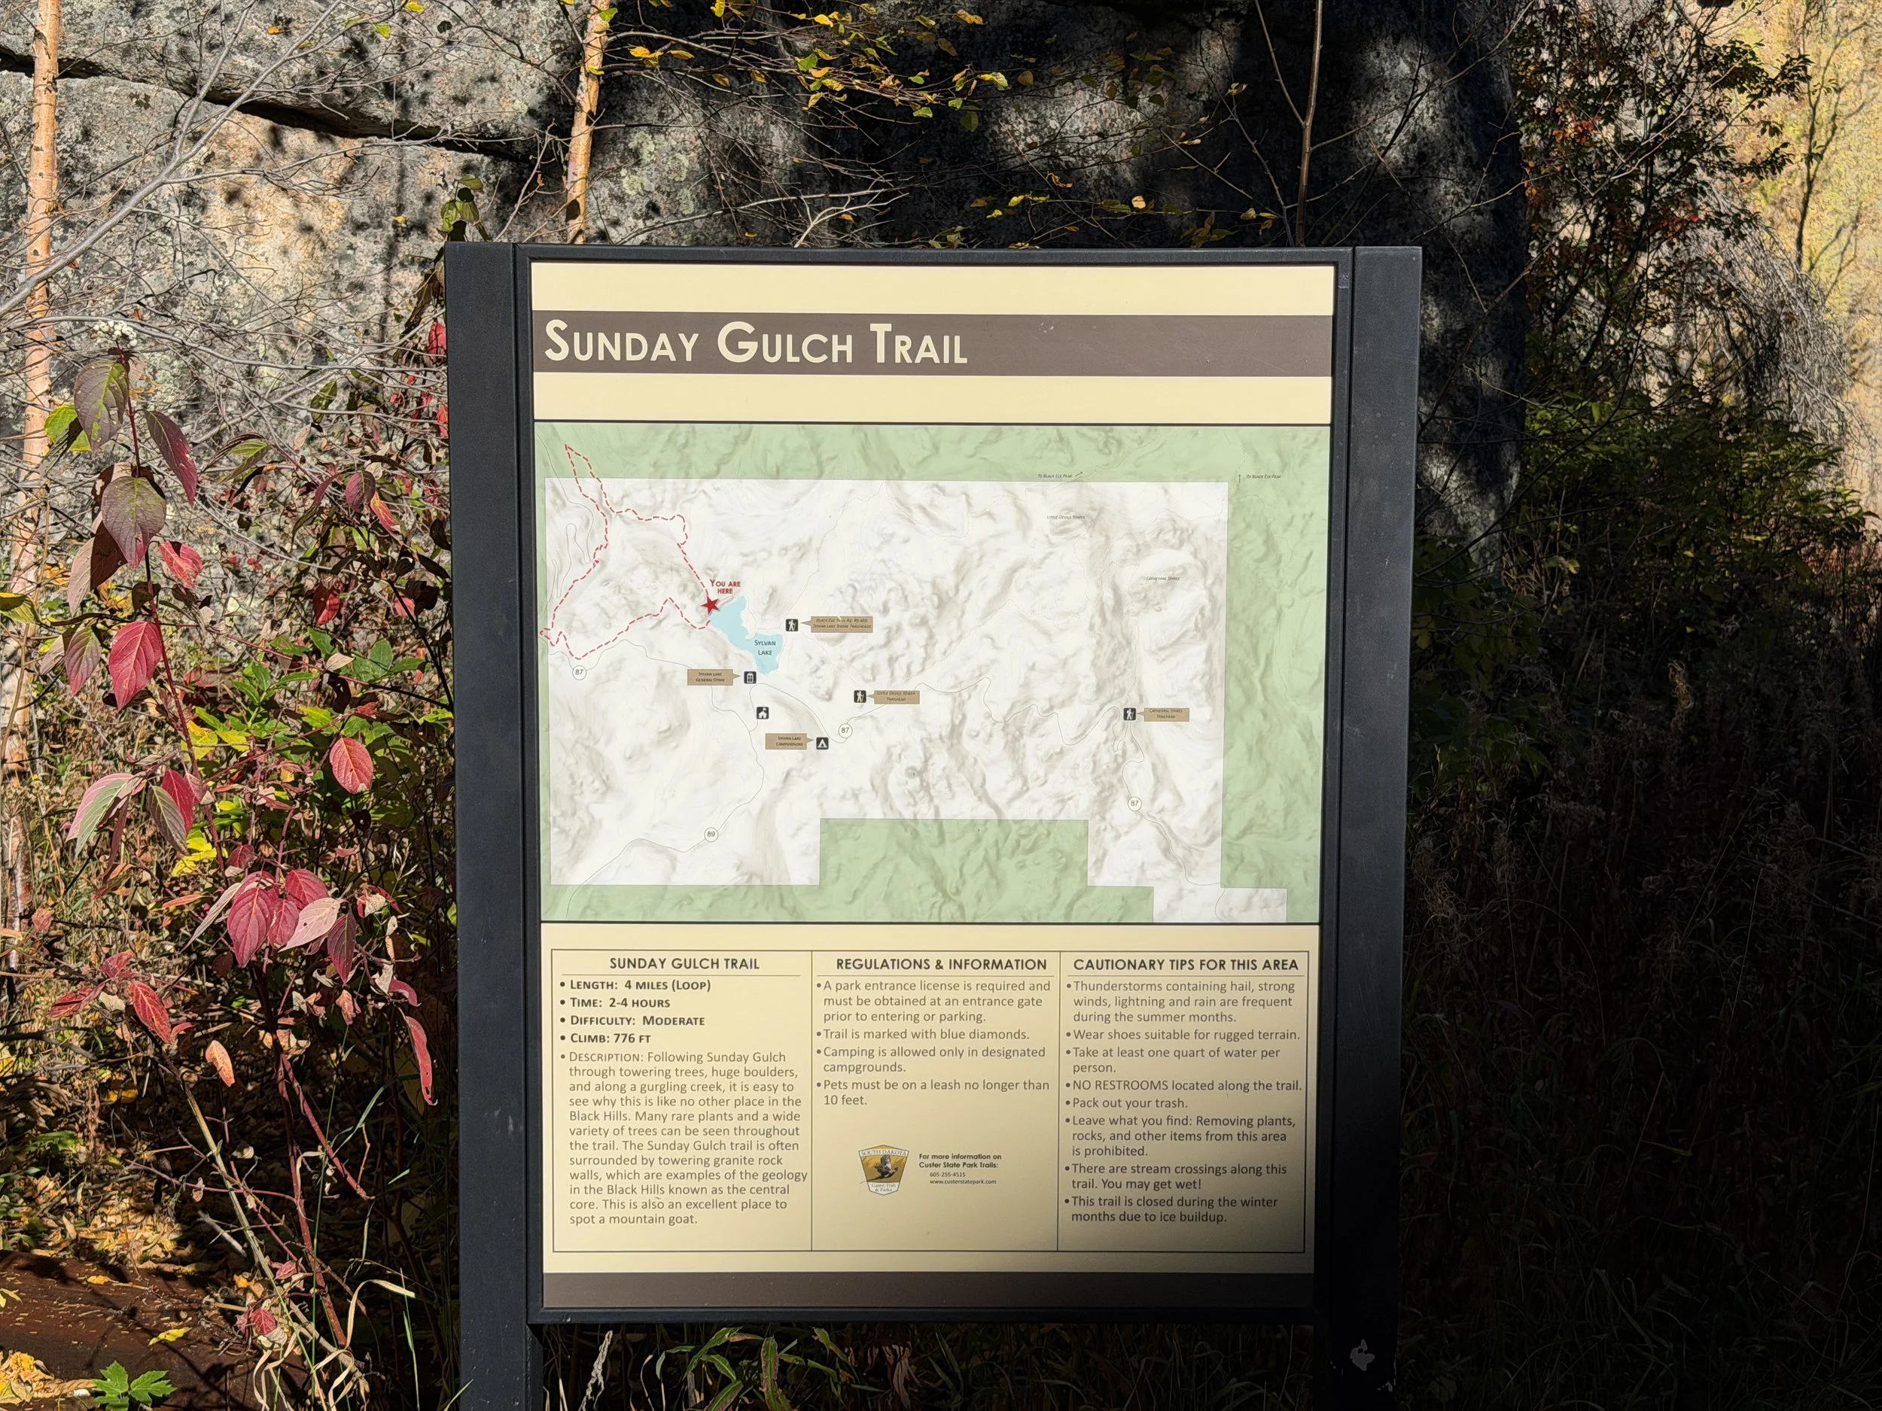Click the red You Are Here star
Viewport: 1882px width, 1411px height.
(x=711, y=605)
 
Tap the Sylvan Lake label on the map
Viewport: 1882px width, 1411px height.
(x=765, y=647)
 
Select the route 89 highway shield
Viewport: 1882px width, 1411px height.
(x=711, y=835)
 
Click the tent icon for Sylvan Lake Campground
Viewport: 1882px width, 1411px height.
(x=822, y=743)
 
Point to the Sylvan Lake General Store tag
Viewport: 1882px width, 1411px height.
(x=711, y=677)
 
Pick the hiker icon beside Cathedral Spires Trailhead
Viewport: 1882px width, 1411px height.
(x=1129, y=713)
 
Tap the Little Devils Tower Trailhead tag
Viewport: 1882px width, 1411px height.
(x=896, y=697)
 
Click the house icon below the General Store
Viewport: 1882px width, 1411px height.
(x=763, y=713)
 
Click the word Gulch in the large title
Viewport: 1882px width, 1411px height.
(x=784, y=345)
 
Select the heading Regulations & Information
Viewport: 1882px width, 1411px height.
(x=941, y=965)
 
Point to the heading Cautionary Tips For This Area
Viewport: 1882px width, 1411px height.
(x=1185, y=965)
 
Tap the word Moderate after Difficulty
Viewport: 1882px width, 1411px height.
(x=673, y=1020)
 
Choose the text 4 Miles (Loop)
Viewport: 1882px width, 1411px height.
(x=667, y=985)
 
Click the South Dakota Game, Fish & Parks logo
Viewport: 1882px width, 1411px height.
(x=883, y=1169)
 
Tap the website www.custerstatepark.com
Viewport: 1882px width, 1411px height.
(x=962, y=1181)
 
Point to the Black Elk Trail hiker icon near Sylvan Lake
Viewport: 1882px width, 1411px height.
(x=792, y=625)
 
